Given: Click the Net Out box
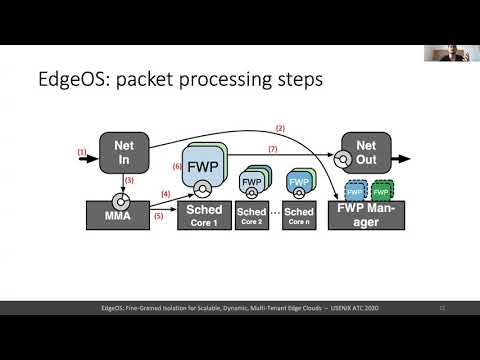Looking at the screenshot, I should pyautogui.click(x=367, y=153).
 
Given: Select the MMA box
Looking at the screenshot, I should pyautogui.click(x=124, y=212).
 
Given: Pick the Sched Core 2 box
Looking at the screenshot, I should pyautogui.click(x=251, y=216).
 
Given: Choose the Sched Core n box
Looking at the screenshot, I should pyautogui.click(x=299, y=216).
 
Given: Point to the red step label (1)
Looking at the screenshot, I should pyautogui.click(x=82, y=151).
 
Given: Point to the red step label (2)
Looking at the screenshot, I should pyautogui.click(x=280, y=129).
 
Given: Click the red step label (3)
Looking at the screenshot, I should pyautogui.click(x=129, y=180).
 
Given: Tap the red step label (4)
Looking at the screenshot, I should pyautogui.click(x=166, y=192).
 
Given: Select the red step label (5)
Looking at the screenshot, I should pyautogui.click(x=159, y=217).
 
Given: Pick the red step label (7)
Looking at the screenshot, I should pyautogui.click(x=271, y=150).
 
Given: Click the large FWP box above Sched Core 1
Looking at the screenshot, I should pyautogui.click(x=205, y=164).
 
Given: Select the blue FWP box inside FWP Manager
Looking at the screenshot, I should pyautogui.click(x=353, y=189).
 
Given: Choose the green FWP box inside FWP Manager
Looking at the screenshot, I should pyautogui.click(x=381, y=189).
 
